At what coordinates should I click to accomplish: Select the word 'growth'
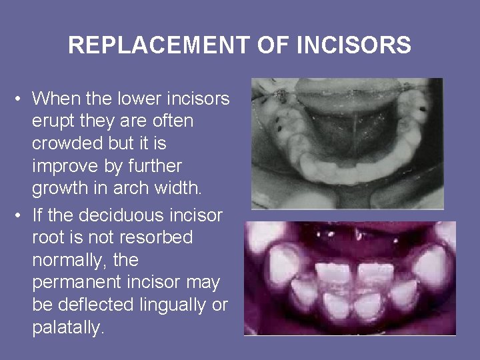[x=63, y=189]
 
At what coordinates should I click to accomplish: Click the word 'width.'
[x=177, y=189]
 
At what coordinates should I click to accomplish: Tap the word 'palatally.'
[x=69, y=328]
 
